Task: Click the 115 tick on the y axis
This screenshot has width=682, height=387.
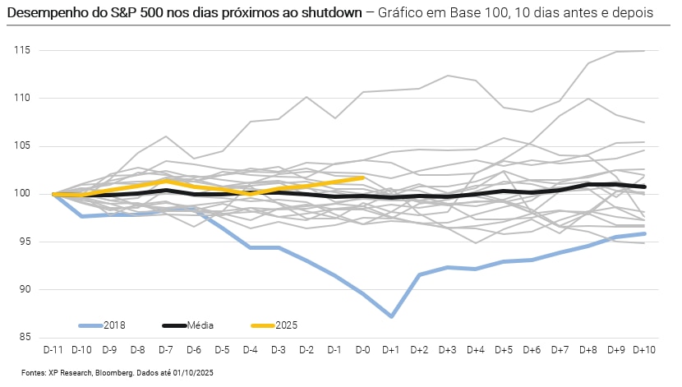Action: click(x=22, y=51)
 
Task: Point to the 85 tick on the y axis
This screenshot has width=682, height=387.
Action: click(x=25, y=337)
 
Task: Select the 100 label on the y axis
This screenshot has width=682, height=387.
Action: click(x=22, y=194)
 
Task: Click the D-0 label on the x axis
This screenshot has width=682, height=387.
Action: click(x=362, y=351)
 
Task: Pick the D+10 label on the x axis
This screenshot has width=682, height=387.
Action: click(x=644, y=351)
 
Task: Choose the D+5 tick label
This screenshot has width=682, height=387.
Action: click(x=503, y=351)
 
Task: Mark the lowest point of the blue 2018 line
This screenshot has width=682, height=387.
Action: click(x=391, y=316)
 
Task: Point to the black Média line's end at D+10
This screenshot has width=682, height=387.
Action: click(x=644, y=187)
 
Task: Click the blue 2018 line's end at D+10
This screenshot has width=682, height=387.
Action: click(x=644, y=233)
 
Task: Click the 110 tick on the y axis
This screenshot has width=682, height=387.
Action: click(x=22, y=99)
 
